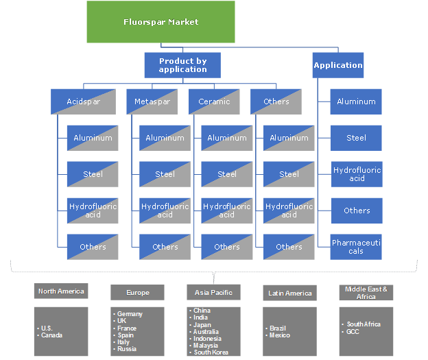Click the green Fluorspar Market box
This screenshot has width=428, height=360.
160,22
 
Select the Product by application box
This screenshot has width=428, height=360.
182,65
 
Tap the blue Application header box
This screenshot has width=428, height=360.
337,65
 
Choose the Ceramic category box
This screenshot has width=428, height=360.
214,101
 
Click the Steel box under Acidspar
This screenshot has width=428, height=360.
93,174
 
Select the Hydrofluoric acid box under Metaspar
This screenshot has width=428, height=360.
165,211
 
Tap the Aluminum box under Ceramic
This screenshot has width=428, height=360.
227,138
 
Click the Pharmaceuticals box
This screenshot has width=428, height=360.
356,247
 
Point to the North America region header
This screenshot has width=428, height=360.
61,291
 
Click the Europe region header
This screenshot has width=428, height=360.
137,293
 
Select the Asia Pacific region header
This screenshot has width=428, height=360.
213,293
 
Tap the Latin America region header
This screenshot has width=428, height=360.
289,293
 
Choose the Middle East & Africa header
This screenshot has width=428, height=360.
366,293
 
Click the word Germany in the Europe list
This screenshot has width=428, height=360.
130,314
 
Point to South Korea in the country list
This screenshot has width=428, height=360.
211,352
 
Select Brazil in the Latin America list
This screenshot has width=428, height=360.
278,328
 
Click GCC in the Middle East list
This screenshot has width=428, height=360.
354,331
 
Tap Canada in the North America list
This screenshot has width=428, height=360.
53,335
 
